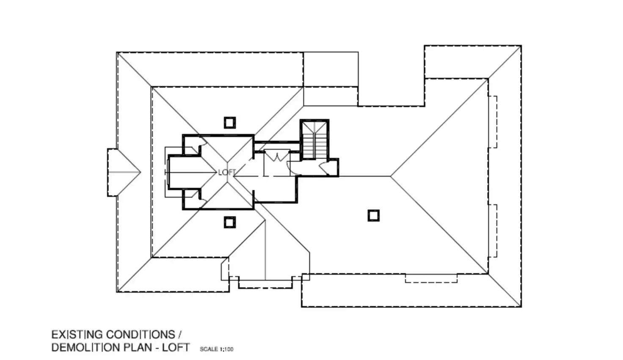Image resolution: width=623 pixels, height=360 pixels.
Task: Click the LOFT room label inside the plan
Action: point(227,172)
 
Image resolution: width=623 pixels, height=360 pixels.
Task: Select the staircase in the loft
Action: point(314,140)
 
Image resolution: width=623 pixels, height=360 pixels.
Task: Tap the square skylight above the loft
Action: point(229,123)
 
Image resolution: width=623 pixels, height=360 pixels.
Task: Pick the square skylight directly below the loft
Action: point(229,222)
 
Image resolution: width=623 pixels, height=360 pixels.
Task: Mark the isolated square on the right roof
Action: point(373,215)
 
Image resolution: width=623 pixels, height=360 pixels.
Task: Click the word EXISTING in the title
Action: point(77,335)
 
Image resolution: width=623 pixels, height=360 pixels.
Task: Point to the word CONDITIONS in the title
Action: point(141,335)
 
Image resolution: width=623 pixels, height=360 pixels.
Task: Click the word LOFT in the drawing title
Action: point(176,348)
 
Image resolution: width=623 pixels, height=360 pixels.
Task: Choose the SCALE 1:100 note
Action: point(216,349)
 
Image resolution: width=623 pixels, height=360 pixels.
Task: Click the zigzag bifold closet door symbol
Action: point(276,157)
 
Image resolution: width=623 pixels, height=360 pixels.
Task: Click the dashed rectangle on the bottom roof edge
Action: point(431,278)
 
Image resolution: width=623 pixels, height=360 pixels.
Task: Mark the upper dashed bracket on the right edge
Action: point(493,122)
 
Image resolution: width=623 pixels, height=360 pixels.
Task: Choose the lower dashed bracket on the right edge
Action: point(493,231)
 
